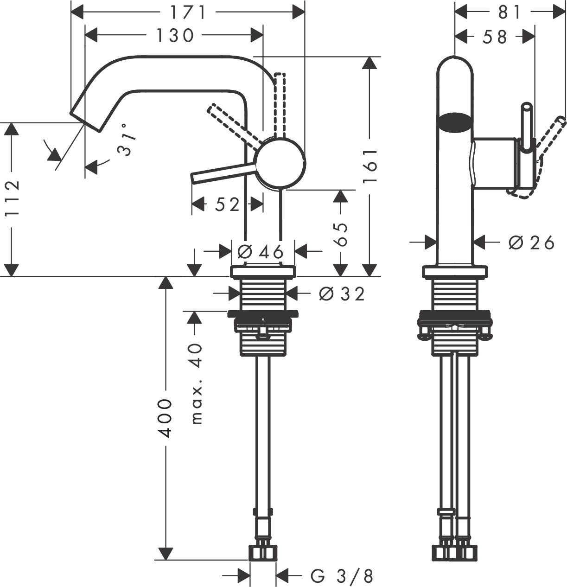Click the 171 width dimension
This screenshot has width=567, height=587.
[187, 12]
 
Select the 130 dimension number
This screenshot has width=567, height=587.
[174, 35]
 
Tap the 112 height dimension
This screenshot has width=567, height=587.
[13, 198]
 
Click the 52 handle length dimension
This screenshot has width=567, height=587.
[227, 204]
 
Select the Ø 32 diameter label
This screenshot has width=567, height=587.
[342, 293]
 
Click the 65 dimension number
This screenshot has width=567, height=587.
[340, 234]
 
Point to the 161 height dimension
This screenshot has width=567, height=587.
[370, 166]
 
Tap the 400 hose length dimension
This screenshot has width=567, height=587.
[166, 417]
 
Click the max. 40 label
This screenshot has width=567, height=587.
[197, 384]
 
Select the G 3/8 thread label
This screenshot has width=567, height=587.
[342, 576]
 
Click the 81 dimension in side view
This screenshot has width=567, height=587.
[510, 12]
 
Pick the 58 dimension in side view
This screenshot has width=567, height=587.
[495, 37]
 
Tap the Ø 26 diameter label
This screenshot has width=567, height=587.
[531, 242]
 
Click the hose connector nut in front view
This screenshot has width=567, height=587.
[263, 552]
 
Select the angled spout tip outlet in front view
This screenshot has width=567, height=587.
[87, 121]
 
